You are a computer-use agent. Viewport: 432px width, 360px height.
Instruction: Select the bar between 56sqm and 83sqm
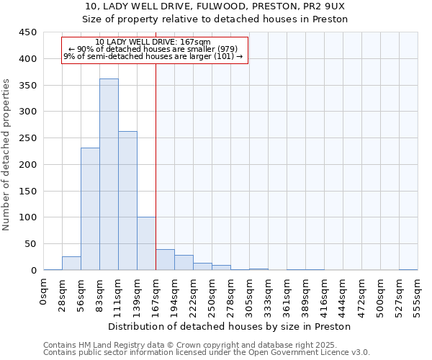90,209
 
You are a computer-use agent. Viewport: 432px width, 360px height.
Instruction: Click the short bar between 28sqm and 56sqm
71,264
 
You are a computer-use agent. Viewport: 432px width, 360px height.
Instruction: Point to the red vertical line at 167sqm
156,180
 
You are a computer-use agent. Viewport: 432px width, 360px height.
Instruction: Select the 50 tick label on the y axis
30,243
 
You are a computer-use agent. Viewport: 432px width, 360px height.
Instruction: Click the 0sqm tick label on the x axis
43,290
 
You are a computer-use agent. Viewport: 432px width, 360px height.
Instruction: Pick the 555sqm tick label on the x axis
418,294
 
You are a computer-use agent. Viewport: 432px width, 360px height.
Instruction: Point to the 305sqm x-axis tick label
249,294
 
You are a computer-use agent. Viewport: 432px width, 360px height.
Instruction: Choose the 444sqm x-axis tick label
343,294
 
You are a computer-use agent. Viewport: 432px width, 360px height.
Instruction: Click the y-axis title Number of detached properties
6,155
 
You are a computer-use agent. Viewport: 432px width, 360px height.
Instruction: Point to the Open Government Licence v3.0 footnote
302,352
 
